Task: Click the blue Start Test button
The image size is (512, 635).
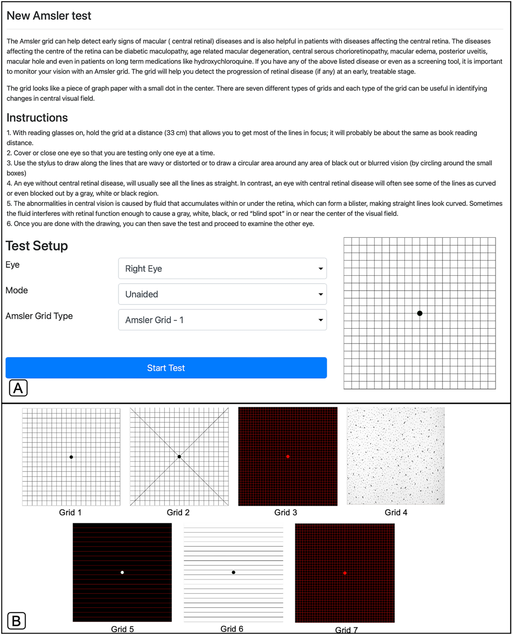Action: pos(166,368)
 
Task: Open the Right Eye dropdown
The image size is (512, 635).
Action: pos(222,268)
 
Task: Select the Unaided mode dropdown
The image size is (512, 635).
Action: pos(222,294)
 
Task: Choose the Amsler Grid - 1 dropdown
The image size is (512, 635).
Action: pos(222,320)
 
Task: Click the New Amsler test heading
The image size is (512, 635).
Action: pos(49,16)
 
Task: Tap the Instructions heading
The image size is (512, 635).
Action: pos(37,118)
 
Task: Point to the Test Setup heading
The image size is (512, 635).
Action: pos(37,246)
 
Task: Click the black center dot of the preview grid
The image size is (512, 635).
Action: pos(420,313)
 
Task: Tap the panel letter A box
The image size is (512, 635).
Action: pos(18,388)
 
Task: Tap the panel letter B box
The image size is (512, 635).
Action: pos(17,621)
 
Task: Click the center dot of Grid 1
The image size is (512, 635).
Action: pos(71,457)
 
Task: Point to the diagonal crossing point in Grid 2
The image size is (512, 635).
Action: pos(179,457)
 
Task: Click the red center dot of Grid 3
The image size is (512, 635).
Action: pos(288,457)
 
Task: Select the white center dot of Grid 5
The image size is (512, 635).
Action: pos(122,572)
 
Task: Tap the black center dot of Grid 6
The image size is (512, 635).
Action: pos(233,572)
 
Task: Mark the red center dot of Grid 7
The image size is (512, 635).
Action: pos(345,573)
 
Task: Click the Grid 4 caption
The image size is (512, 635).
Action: pos(396,513)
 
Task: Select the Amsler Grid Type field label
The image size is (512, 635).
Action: pos(39,316)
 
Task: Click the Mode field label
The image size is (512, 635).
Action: pos(17,291)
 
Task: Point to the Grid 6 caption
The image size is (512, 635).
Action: pos(232,629)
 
